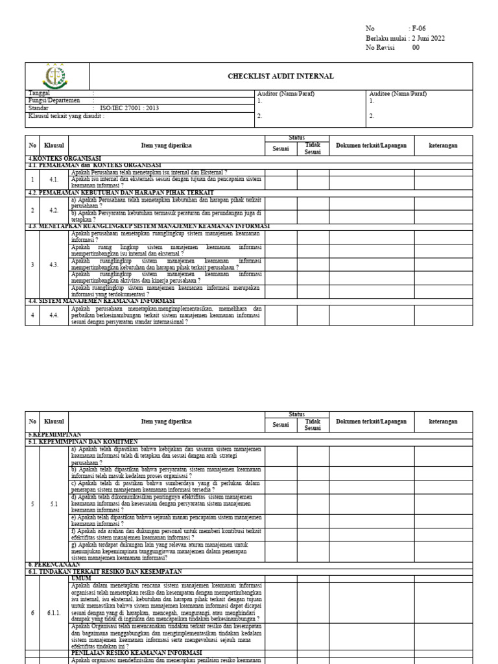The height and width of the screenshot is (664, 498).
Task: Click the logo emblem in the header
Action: pos(54,77)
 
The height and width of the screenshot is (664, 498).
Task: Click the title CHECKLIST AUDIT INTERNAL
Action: pos(281,77)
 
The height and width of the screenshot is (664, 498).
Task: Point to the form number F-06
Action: pos(420,29)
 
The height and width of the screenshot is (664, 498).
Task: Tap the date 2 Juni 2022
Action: pos(429,38)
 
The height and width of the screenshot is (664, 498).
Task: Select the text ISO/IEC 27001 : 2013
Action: pos(129,108)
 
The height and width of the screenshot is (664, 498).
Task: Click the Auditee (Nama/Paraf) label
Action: pos(398,94)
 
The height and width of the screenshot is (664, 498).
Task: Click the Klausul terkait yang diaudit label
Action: pos(65,116)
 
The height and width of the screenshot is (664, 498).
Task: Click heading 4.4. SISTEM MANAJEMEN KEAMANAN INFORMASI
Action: pos(101,302)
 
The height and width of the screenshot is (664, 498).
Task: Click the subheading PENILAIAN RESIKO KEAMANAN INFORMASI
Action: pos(136,652)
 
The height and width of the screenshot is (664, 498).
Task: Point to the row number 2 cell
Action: pos(32,210)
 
